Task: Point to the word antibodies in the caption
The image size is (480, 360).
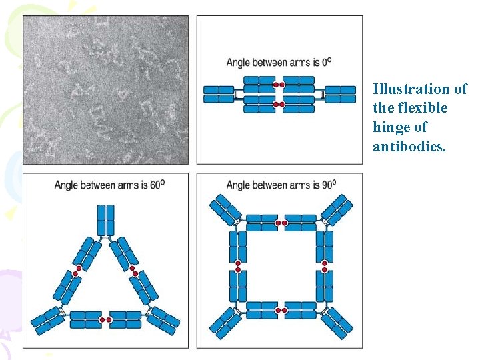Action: coord(409,146)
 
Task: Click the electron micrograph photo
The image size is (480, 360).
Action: coord(106,90)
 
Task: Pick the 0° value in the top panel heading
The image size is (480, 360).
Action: coord(326,62)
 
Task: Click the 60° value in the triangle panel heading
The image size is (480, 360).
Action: coord(155,185)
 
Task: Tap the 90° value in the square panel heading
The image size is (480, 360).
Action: coord(329,185)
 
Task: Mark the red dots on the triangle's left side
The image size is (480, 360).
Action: coord(78,269)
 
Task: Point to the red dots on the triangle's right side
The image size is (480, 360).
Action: coord(134,271)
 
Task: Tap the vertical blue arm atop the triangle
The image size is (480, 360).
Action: coord(106,219)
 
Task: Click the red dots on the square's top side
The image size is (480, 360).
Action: coord(281,223)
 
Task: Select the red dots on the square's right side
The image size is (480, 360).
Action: coord(325,267)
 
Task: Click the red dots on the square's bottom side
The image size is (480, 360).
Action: coord(281,310)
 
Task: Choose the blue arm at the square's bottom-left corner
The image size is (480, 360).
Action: coord(226,321)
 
